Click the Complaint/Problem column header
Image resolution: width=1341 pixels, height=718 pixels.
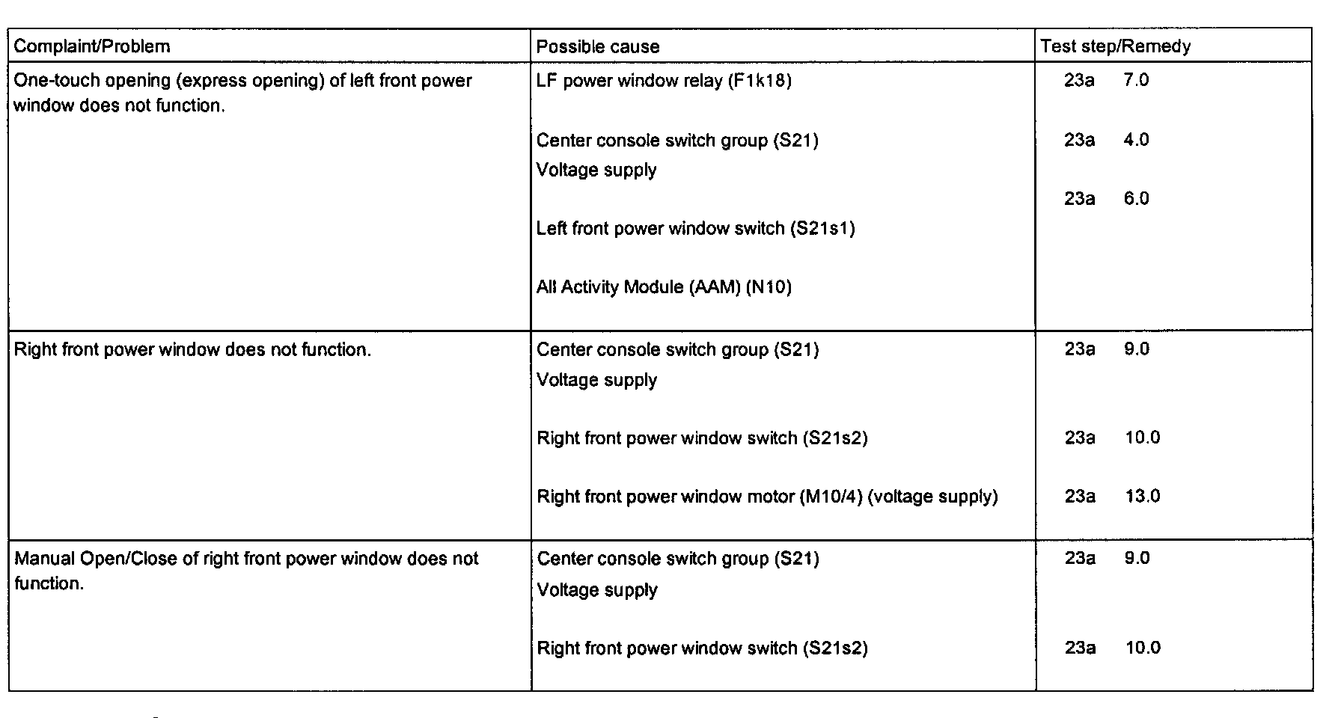point(92,46)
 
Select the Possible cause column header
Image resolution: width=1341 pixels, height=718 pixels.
point(598,47)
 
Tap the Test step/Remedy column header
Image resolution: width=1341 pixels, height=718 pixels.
point(1115,46)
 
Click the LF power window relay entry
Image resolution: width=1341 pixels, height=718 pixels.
point(663,81)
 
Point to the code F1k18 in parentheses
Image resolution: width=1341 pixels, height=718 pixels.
point(760,81)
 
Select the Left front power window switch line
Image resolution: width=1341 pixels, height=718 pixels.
point(695,228)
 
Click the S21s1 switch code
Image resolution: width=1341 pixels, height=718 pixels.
point(822,228)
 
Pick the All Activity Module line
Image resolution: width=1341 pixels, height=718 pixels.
point(663,287)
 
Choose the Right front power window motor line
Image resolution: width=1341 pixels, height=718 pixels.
point(767,497)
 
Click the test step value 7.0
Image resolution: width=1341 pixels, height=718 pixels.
point(1136,81)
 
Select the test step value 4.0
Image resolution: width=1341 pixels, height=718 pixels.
point(1136,140)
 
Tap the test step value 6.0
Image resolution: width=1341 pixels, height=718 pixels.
point(1136,199)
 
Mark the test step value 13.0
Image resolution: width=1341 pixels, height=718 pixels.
point(1142,497)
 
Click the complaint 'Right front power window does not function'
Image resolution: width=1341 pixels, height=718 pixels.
point(192,350)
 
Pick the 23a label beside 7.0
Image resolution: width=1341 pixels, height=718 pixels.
point(1079,81)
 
